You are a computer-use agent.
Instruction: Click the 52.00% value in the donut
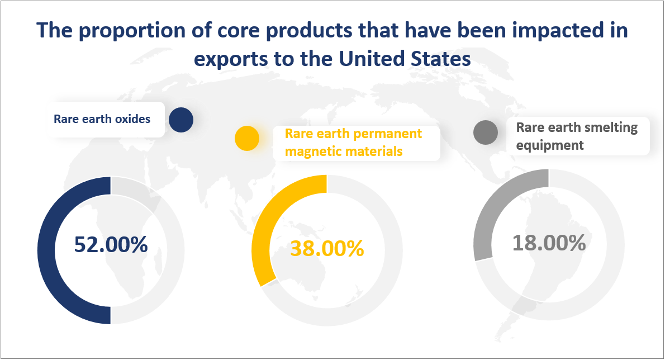click(111, 245)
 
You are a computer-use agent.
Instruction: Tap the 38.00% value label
click(327, 249)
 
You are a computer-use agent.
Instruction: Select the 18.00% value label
click(549, 243)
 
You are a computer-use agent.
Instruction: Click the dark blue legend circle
click(180, 120)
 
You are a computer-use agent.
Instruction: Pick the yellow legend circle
click(246, 138)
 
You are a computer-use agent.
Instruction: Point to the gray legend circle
click(485, 132)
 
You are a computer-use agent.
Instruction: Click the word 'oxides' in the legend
click(134, 119)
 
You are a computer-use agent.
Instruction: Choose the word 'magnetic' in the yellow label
click(307, 151)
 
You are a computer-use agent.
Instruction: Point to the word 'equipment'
click(550, 145)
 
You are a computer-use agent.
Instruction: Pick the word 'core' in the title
click(215, 31)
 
